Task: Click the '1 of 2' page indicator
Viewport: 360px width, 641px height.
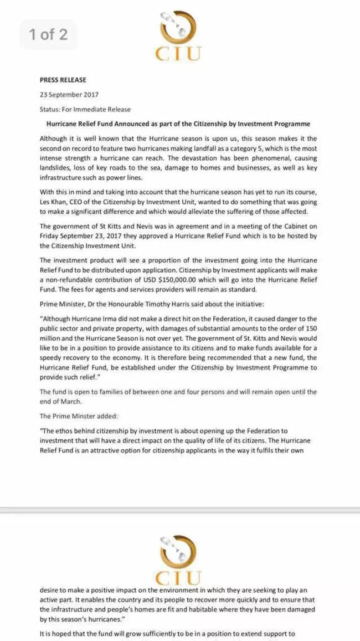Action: coord(48,35)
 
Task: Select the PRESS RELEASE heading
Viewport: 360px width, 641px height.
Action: coord(63,80)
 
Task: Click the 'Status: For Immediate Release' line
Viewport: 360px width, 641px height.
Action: coord(85,109)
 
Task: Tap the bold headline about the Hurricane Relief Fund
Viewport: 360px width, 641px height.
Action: coord(178,124)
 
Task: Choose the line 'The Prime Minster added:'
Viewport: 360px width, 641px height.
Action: coord(75,415)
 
